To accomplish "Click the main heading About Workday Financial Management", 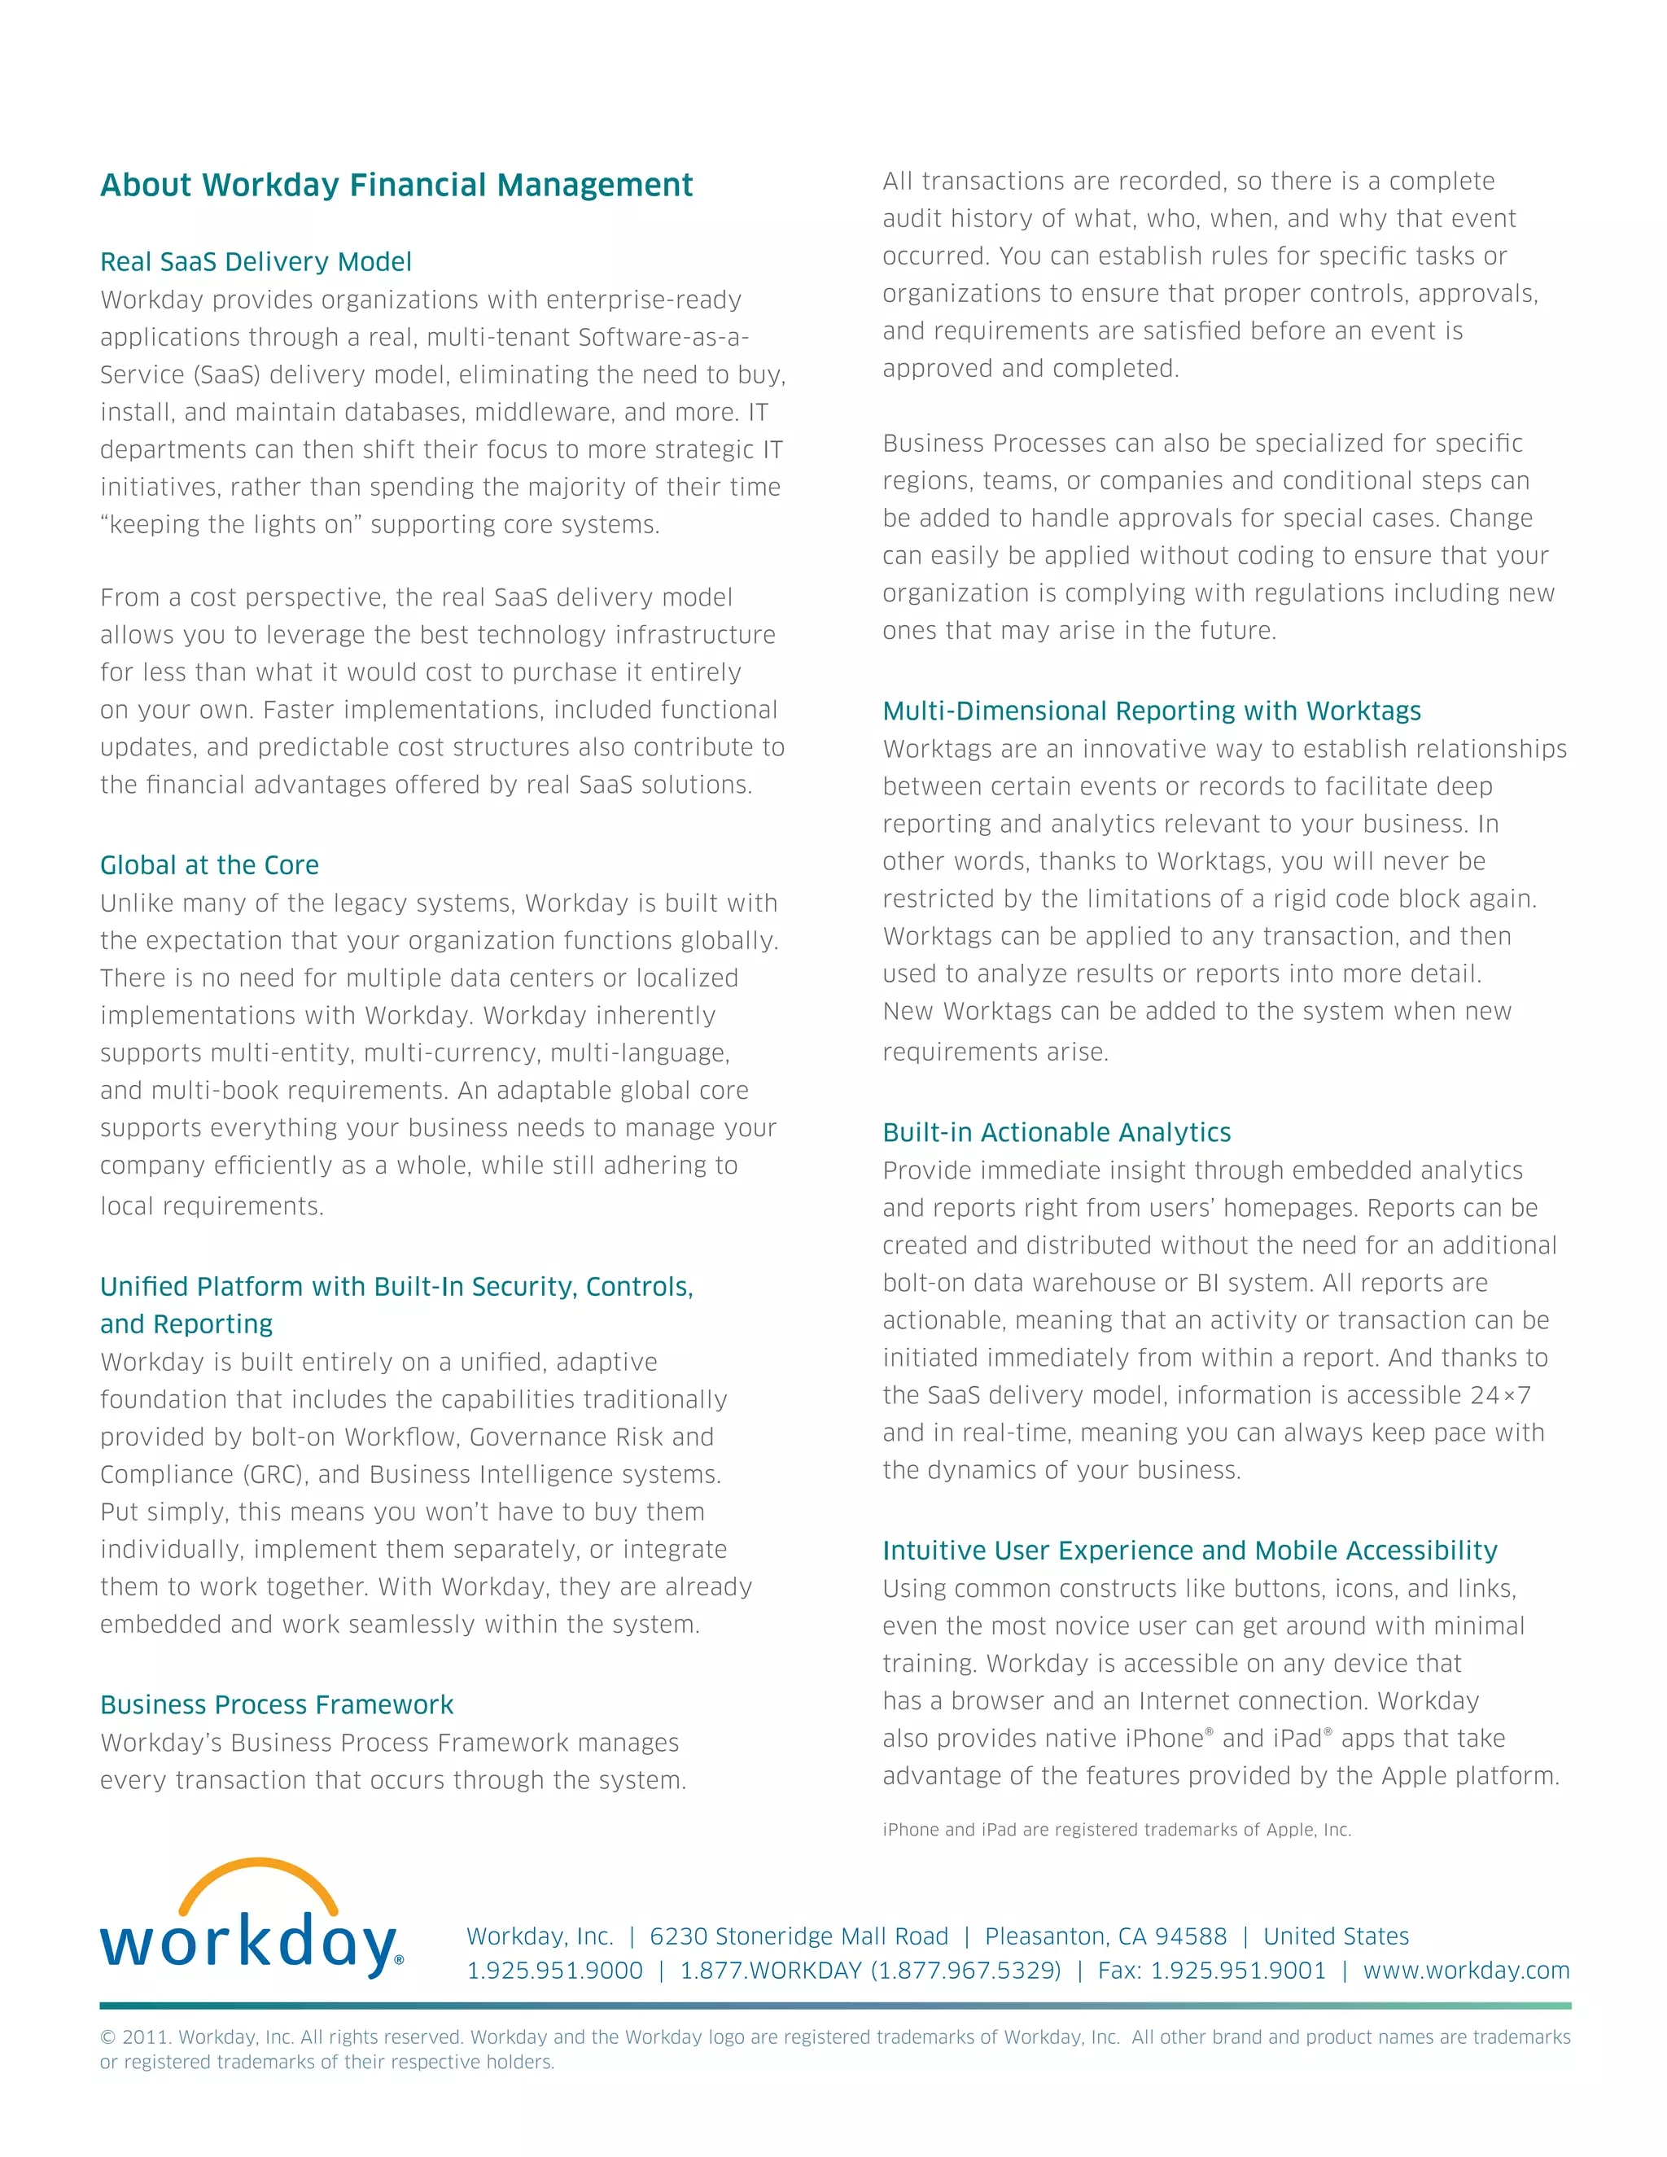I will pos(396,185).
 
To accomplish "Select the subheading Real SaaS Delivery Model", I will pos(256,262).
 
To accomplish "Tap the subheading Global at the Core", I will pos(209,865).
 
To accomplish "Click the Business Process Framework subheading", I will pos(277,1704).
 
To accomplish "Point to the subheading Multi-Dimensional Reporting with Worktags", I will pos(1152,711).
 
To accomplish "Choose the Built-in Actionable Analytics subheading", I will pos(1057,1132).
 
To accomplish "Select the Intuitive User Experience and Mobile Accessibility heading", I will pos(1190,1551).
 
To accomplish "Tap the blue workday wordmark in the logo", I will pos(247,1945).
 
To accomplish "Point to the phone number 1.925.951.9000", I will pos(554,1971).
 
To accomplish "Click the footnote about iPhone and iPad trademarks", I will pos(1116,1829).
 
